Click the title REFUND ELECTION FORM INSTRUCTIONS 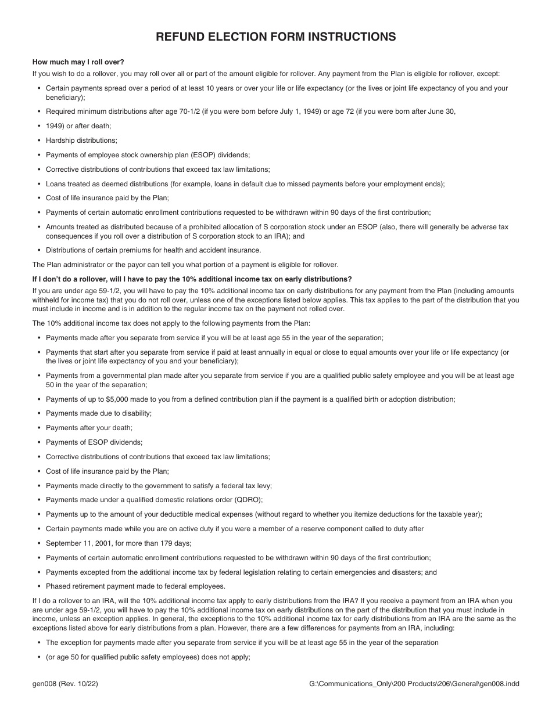tap(276, 37)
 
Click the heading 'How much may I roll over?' tap(78, 62)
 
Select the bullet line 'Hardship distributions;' tap(81, 140)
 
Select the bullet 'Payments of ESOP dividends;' tap(94, 442)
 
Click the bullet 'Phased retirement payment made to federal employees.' tap(135, 586)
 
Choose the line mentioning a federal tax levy tap(159, 485)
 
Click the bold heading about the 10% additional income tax tap(192, 279)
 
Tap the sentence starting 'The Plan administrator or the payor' tap(185, 265)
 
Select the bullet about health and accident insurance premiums tap(153, 250)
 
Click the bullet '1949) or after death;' tap(78, 126)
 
